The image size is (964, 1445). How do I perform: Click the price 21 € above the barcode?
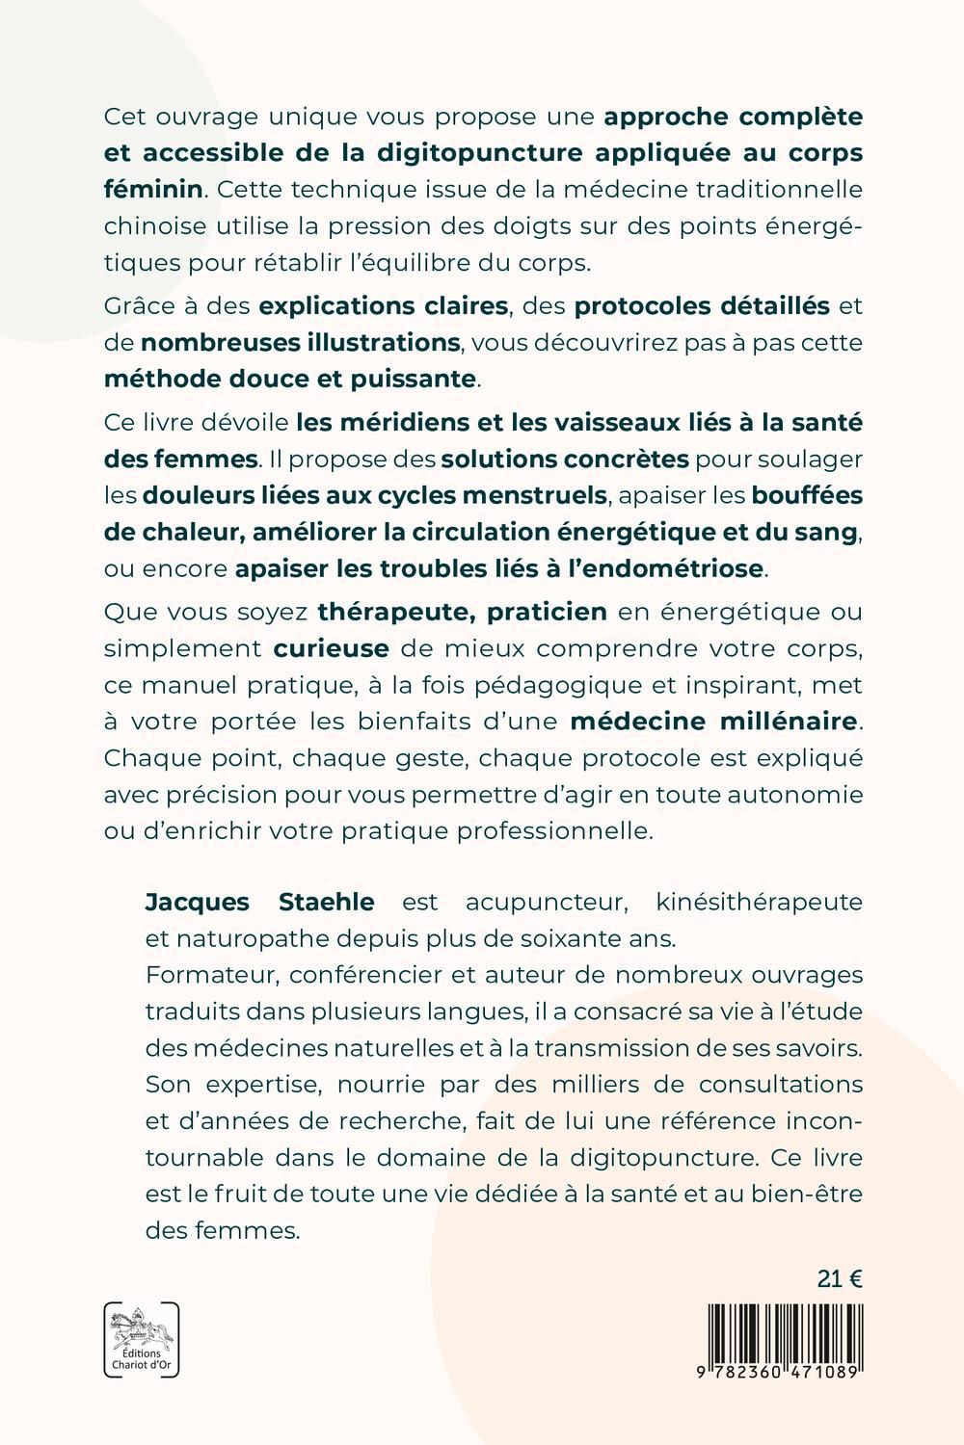tap(839, 1278)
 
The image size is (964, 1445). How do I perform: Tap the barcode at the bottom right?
tap(784, 1331)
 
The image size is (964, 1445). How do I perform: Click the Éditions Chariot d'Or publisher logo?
tap(141, 1339)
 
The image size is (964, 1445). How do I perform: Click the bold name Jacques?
tap(197, 902)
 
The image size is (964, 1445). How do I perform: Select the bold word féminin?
tap(153, 189)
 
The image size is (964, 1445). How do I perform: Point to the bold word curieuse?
tap(332, 647)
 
